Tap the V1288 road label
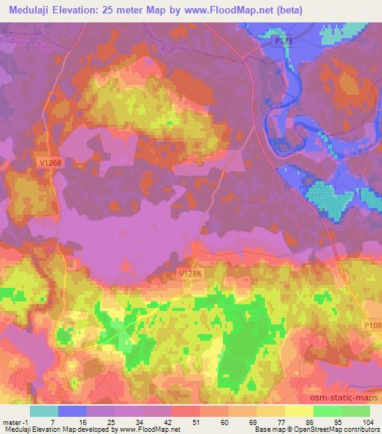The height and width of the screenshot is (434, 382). pyautogui.click(x=190, y=274)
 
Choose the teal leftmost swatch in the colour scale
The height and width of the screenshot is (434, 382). pyautogui.click(x=44, y=411)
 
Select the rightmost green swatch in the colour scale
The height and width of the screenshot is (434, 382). pyautogui.click(x=357, y=411)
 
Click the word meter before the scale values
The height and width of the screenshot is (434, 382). pyautogui.click(x=12, y=421)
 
